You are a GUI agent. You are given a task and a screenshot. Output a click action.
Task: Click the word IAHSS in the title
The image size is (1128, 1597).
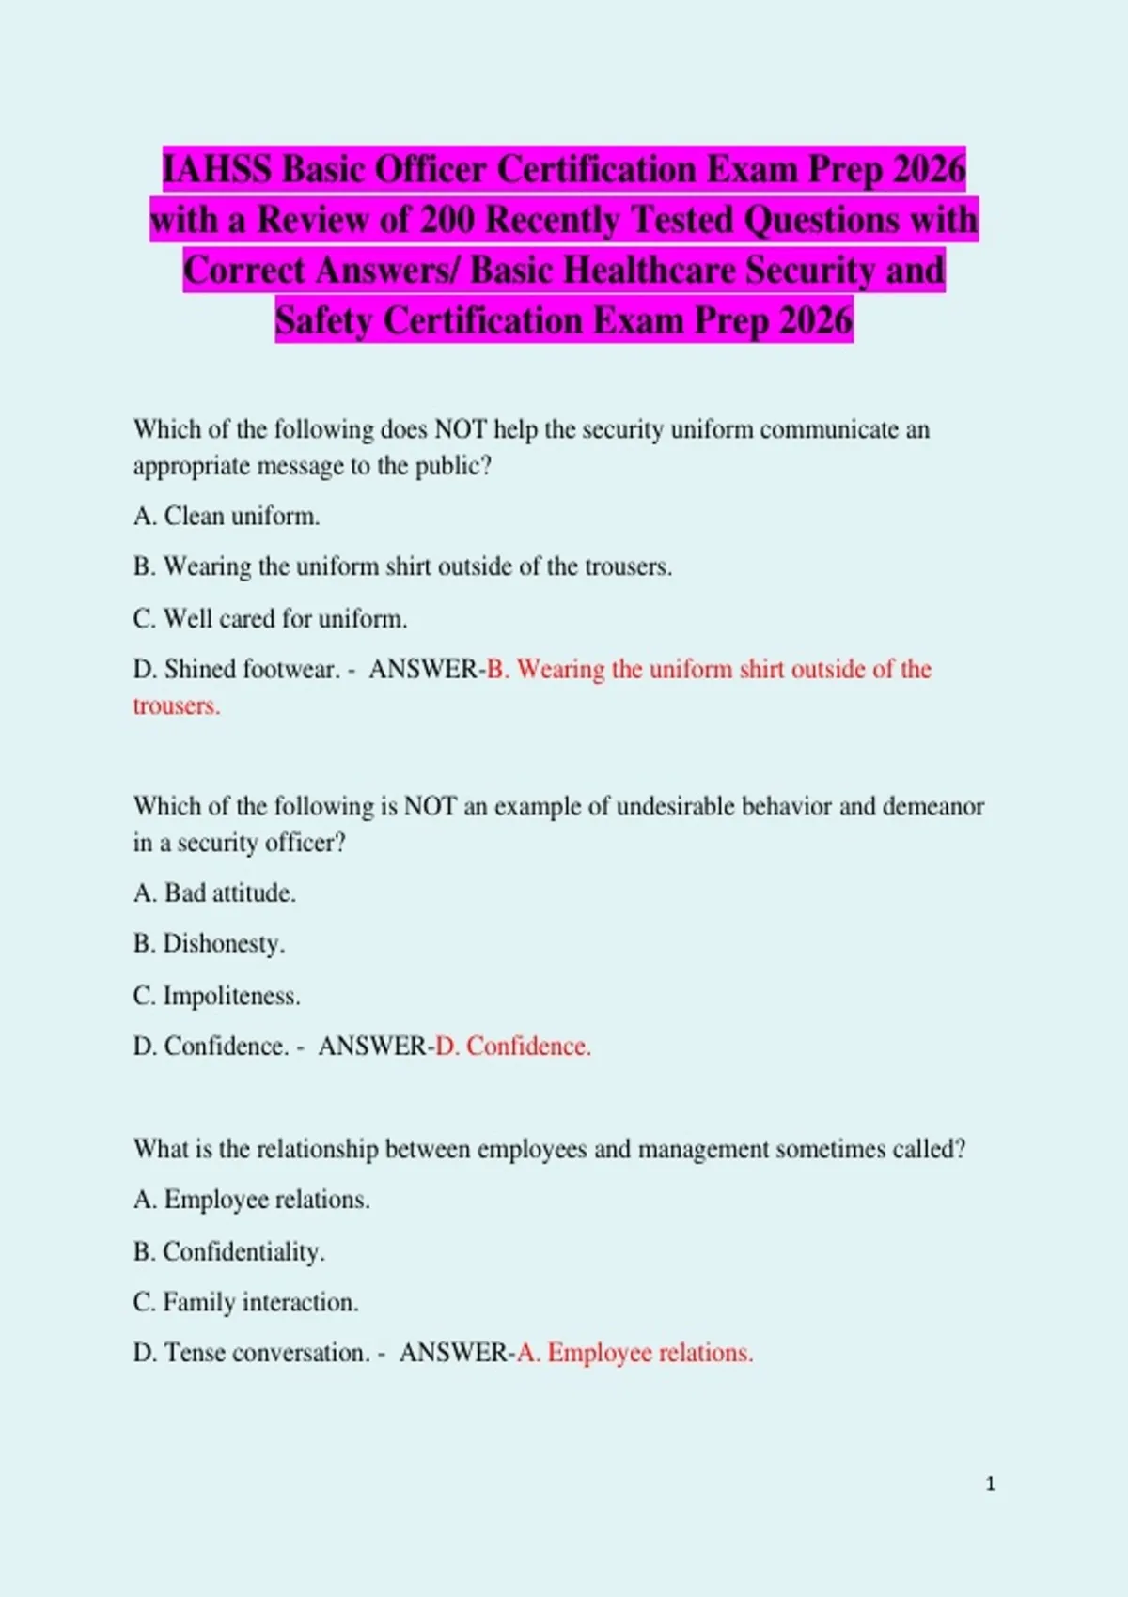pos(218,170)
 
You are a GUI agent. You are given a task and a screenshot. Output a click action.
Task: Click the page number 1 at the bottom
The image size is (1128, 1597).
pos(990,1483)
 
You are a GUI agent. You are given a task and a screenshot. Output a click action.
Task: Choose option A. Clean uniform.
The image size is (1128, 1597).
pos(227,516)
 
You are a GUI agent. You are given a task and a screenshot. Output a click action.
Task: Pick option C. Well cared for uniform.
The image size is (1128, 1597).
pos(270,618)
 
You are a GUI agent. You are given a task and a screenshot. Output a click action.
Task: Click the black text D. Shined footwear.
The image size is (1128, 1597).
pos(237,669)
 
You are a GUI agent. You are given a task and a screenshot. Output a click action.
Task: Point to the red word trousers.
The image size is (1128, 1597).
pos(176,705)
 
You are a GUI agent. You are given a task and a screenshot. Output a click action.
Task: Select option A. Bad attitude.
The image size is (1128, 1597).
pos(214,892)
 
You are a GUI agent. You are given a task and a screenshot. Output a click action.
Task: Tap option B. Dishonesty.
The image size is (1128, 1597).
pos(209,943)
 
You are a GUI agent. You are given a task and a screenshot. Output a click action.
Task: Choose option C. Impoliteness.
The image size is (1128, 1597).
pos(216,995)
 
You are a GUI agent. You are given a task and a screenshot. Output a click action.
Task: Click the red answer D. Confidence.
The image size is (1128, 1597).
pos(513,1046)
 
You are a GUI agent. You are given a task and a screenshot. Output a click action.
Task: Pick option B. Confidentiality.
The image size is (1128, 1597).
pos(228,1251)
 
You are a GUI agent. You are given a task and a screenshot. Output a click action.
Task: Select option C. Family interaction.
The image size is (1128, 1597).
pos(245,1302)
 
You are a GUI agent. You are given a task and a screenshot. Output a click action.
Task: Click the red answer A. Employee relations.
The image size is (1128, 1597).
pos(635,1353)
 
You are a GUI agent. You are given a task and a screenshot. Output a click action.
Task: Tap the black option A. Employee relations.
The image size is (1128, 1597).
pos(251,1200)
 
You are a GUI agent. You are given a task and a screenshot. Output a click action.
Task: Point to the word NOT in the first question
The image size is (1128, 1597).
pos(460,429)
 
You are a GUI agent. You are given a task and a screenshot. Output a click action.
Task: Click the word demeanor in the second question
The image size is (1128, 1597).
pos(932,806)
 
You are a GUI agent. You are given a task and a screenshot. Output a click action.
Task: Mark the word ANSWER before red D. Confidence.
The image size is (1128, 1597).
pos(372,1046)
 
